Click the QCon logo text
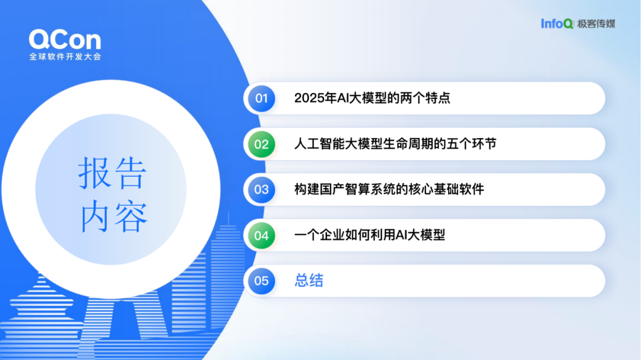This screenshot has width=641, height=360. tap(65, 40)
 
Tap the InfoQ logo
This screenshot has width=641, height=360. tap(557, 24)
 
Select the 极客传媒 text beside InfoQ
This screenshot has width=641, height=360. tap(596, 24)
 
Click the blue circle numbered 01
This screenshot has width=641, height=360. tap(262, 98)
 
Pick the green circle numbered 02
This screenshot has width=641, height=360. tap(262, 144)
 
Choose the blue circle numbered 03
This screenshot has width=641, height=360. tap(262, 190)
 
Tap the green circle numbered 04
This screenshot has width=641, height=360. tap(262, 235)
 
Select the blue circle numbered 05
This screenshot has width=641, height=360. tap(262, 281)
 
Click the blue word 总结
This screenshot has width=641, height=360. tap(309, 281)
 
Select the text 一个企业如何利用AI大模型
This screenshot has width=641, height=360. tap(370, 235)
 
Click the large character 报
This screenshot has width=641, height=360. tap(93, 173)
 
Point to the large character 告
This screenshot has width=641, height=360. tap(131, 173)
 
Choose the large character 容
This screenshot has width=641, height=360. tap(131, 216)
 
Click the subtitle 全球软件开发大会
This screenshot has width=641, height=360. tap(65, 57)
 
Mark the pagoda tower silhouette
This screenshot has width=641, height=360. tap(42, 311)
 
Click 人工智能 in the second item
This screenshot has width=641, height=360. tap(319, 144)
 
